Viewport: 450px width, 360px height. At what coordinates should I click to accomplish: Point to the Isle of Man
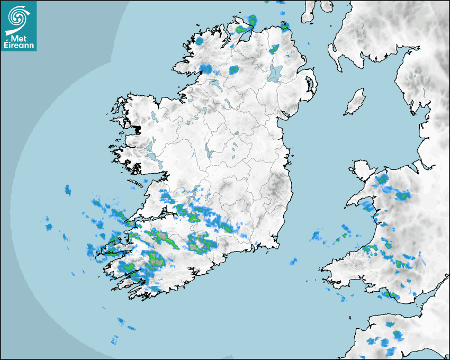coord(355,102)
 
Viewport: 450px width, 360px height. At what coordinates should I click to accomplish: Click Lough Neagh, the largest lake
coord(276,73)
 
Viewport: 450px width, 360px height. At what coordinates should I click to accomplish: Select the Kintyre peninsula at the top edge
coord(309,12)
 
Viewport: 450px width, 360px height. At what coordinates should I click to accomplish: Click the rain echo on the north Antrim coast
coord(285,25)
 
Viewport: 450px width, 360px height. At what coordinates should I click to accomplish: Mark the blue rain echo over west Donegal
coord(200,40)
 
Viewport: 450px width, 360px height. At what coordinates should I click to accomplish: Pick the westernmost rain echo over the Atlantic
coord(49,227)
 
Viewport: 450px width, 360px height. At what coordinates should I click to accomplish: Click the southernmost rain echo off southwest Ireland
coord(114,339)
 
